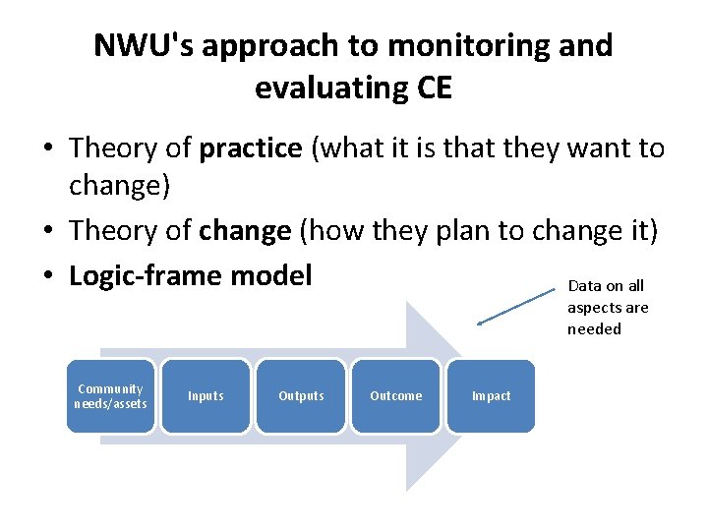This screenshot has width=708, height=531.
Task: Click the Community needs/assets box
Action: [111, 396]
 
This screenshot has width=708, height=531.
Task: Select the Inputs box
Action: [206, 396]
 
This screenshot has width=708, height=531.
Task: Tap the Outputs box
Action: [301, 396]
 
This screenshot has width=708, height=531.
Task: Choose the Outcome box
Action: [395, 396]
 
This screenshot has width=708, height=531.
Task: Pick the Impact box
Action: [491, 396]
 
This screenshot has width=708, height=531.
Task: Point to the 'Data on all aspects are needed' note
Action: [608, 307]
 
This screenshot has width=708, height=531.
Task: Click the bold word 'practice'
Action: [251, 148]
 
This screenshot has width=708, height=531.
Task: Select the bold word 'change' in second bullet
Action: [245, 231]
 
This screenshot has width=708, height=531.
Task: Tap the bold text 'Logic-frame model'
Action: [190, 275]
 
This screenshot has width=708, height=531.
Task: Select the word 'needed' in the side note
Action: [594, 328]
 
